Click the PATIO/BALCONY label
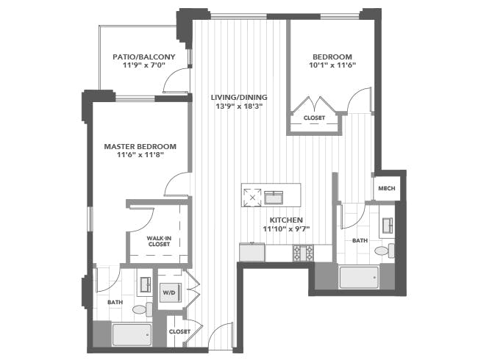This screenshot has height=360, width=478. point(144,57)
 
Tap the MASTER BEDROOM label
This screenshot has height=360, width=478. point(140,146)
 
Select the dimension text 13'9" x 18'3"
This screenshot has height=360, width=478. point(239,107)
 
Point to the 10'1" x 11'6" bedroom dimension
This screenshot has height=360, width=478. point(332,65)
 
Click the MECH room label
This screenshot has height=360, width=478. point(387,188)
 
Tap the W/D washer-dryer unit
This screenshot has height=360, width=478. point(171,292)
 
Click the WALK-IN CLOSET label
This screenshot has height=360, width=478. point(159,241)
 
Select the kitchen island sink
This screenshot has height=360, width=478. point(274,198)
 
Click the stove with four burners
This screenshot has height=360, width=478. point(303,253)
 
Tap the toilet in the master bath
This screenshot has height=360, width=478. point(143,309)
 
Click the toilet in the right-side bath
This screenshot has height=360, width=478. point(385,251)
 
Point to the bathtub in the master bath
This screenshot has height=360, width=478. point(132,334)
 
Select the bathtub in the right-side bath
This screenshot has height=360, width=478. point(359,277)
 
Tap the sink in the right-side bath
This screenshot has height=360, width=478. point(388,226)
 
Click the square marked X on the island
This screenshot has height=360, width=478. point(252,198)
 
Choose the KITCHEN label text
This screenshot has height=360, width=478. point(286,220)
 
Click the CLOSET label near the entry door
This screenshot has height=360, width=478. point(179,331)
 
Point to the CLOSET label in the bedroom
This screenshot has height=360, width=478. point(314,118)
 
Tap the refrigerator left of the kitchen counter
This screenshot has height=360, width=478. point(252,252)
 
